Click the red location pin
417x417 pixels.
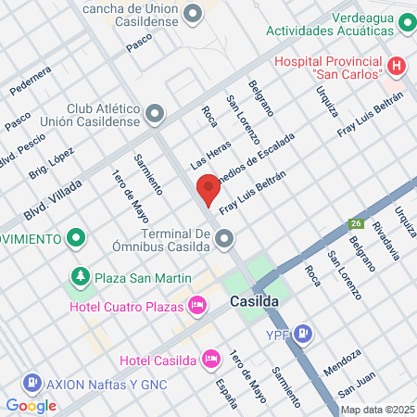(208, 188)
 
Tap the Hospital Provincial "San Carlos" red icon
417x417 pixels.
(396, 67)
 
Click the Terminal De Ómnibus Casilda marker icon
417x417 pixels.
(223, 241)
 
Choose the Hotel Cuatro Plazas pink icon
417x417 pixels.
(196, 304)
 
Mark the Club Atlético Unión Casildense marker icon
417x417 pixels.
(155, 114)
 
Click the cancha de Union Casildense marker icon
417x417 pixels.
(193, 13)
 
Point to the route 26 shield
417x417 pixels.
(355, 223)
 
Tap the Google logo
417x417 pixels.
(31, 405)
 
